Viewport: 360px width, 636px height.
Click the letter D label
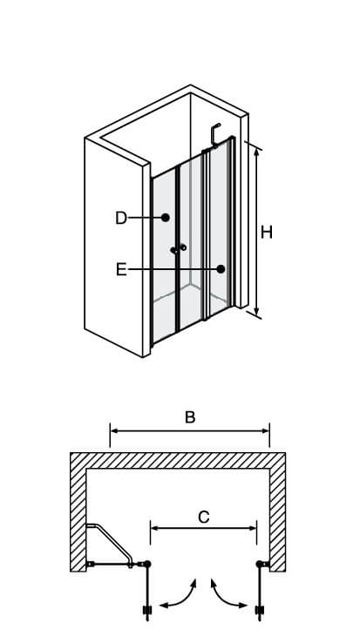121,218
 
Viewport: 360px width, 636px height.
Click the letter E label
121,269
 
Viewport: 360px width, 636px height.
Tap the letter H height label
267,233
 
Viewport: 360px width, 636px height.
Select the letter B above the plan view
190,417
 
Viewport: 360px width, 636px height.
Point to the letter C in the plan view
203,517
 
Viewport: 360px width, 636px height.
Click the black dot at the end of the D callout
166,218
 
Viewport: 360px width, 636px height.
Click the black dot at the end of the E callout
221,269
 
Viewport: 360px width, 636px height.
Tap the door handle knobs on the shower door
179,248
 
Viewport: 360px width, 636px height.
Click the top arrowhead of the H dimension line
256,152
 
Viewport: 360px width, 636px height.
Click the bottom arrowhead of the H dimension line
256,312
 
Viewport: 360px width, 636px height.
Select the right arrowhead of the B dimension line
265,430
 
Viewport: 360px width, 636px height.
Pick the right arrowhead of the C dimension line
252,528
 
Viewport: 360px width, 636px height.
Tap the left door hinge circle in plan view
147,564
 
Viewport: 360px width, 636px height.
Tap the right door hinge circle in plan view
260,564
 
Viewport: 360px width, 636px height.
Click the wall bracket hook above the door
214,134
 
